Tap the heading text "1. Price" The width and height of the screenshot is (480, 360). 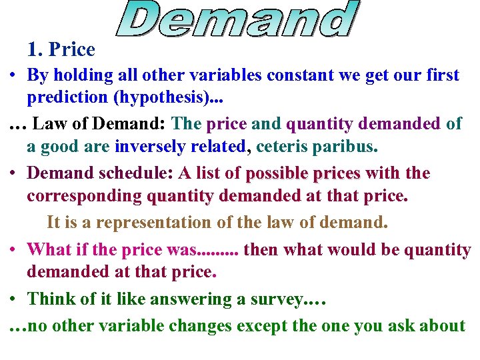coord(61,49)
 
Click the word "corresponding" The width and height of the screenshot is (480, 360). coord(84,196)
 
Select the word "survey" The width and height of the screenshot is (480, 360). coord(274,299)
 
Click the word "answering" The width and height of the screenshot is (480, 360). coord(191,299)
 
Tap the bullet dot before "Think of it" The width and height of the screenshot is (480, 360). coord(13,299)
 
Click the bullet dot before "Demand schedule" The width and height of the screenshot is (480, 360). coord(13,173)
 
